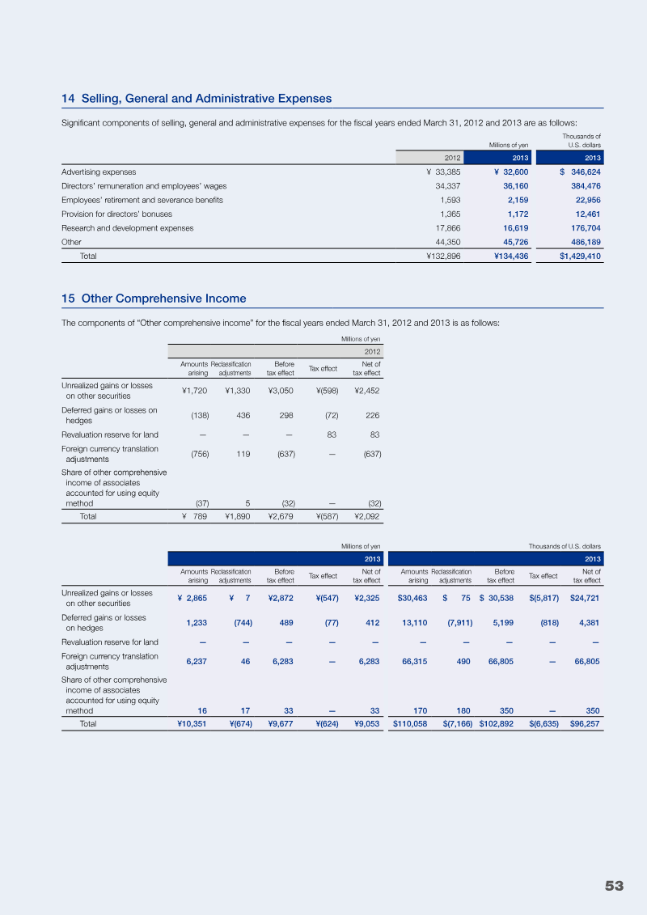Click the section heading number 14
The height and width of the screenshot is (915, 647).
(x=68, y=99)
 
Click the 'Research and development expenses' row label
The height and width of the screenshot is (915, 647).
(x=128, y=228)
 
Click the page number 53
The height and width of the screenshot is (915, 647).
(x=614, y=886)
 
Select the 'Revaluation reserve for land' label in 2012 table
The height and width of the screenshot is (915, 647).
(x=110, y=435)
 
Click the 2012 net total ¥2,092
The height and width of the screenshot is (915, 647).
(x=367, y=515)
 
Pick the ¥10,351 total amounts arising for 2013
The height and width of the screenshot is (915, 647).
(x=192, y=724)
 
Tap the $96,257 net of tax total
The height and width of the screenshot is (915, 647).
(x=585, y=724)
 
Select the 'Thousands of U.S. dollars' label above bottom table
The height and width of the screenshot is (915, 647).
(x=564, y=546)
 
